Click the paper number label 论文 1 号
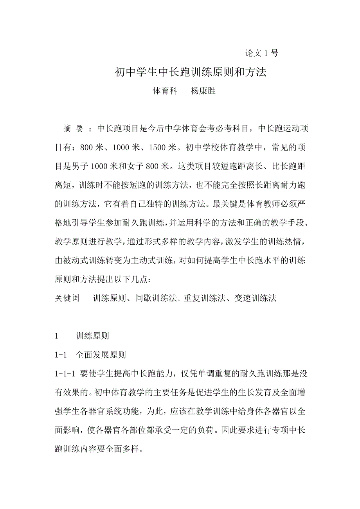tap(261, 54)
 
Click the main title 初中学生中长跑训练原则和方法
tap(190, 72)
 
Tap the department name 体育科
tap(165, 91)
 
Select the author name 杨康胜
tap(203, 91)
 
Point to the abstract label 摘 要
tap(73, 129)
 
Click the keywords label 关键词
tap(67, 298)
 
